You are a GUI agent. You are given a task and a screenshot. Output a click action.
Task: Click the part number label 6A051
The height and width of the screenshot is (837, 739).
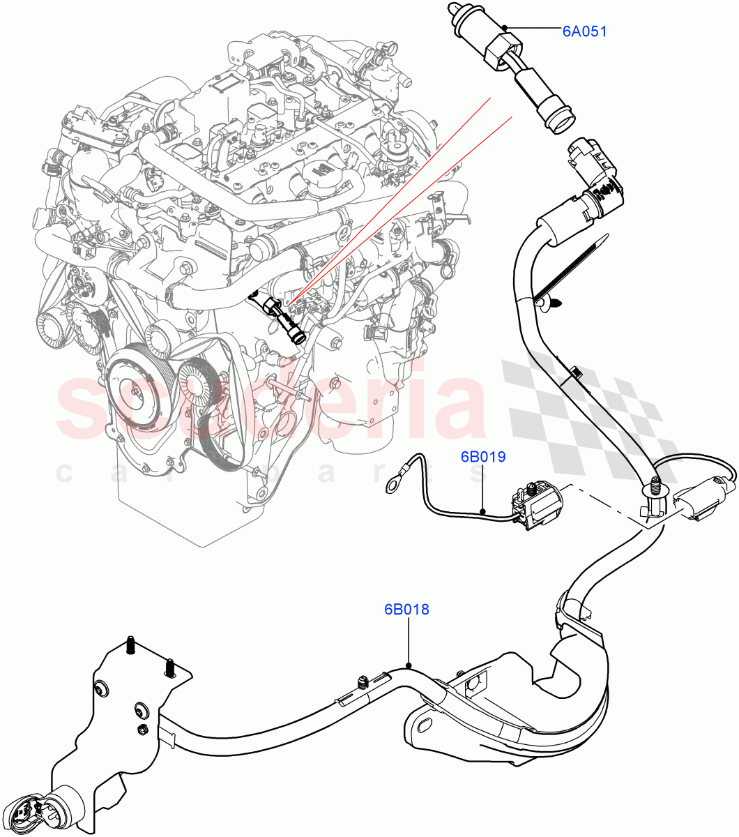pyautogui.click(x=584, y=31)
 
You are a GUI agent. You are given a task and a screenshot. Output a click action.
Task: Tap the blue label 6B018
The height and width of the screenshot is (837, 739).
pyautogui.click(x=406, y=610)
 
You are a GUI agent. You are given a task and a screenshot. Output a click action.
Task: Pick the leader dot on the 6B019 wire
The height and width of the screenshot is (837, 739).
pyautogui.click(x=482, y=512)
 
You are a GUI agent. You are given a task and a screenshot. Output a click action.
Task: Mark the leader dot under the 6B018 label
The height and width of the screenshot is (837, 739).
pyautogui.click(x=409, y=665)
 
